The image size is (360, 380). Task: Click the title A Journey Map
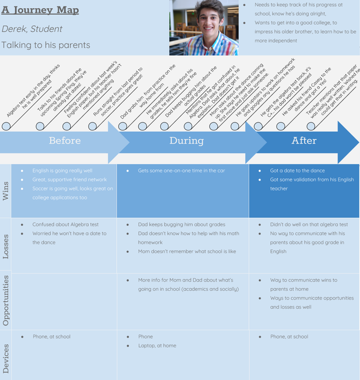pos(40,10)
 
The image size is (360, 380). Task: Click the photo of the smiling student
pos(204,28)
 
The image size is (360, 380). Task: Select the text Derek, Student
pos(32,29)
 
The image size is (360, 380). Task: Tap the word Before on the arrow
pos(65,141)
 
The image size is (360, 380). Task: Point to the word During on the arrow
pos(186,141)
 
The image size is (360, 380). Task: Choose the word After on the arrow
pos(304,141)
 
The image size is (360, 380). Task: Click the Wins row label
pos(6,191)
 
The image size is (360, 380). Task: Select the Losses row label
pos(6,245)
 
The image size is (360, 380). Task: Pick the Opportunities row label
pos(6,300)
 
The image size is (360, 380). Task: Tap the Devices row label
pos(6,354)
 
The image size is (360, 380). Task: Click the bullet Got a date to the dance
pos(297,171)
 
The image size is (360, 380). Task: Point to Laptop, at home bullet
pos(157,346)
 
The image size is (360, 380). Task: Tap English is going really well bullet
pos(62,171)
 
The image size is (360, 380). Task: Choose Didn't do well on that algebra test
pos(309,225)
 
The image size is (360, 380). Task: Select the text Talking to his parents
pos(46,45)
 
